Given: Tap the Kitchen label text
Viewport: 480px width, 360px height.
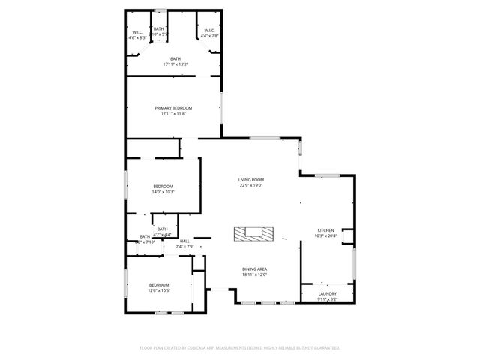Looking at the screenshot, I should pyautogui.click(x=325, y=230).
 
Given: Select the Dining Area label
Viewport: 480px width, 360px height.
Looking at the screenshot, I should pyautogui.click(x=254, y=269).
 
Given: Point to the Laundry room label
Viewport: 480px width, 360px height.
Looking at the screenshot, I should pyautogui.click(x=327, y=293).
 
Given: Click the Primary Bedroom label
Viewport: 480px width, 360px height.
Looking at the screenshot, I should pyautogui.click(x=173, y=108).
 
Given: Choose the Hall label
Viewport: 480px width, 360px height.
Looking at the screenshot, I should pyautogui.click(x=184, y=241).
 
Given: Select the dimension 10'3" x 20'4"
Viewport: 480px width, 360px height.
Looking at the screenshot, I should pyautogui.click(x=325, y=235).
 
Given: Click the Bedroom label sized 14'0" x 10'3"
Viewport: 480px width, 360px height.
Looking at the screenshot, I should pyautogui.click(x=163, y=187).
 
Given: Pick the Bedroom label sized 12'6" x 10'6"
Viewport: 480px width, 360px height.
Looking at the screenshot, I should pyautogui.click(x=159, y=285).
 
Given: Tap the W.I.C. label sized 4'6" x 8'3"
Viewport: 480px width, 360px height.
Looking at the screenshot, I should pyautogui.click(x=138, y=32).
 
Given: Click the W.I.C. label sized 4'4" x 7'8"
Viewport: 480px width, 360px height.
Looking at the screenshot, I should pyautogui.click(x=209, y=31).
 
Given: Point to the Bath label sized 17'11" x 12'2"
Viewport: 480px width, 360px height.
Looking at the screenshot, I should pyautogui.click(x=175, y=59).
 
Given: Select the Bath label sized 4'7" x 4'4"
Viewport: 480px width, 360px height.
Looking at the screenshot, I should pyautogui.click(x=162, y=229).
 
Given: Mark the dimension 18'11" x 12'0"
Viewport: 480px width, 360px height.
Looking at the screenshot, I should pyautogui.click(x=254, y=274).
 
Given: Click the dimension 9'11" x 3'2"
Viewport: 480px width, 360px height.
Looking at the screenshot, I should pyautogui.click(x=327, y=298).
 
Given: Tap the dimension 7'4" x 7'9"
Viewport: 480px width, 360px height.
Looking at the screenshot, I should pyautogui.click(x=184, y=246).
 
